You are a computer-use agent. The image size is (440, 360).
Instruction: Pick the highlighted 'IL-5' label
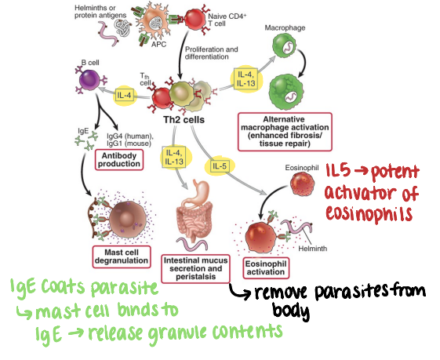tap(220, 165)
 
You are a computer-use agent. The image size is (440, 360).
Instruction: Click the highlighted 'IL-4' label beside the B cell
tap(124, 96)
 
